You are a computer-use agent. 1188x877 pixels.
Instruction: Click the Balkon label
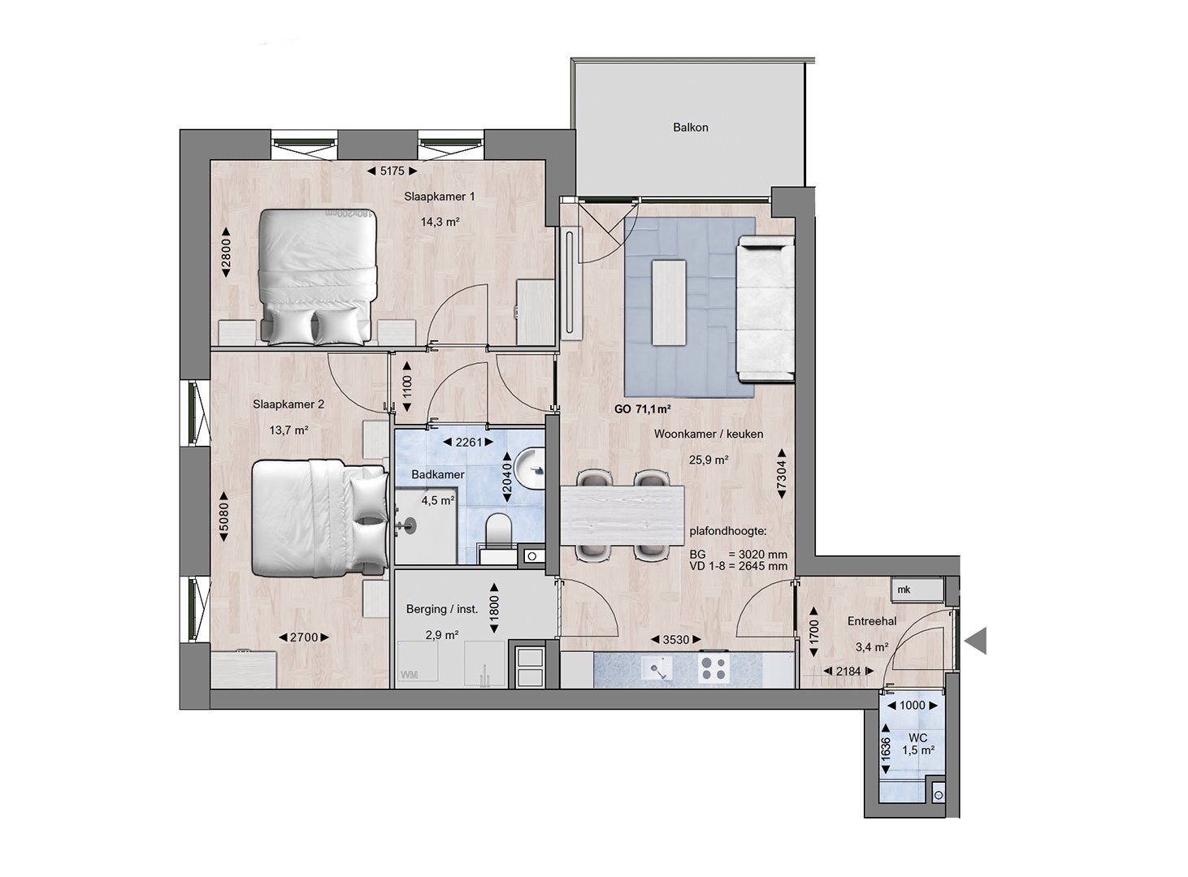pyautogui.click(x=691, y=127)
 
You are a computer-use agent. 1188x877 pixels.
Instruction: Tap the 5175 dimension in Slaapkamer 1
pyautogui.click(x=392, y=171)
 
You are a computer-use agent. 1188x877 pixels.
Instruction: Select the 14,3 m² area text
pyautogui.click(x=440, y=221)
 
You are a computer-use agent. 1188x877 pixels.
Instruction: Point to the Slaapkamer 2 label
pyautogui.click(x=288, y=404)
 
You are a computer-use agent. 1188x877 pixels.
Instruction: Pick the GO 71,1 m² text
pyautogui.click(x=643, y=409)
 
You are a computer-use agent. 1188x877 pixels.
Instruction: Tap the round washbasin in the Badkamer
pyautogui.click(x=530, y=469)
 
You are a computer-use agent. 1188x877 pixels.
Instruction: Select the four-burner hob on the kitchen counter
pyautogui.click(x=713, y=669)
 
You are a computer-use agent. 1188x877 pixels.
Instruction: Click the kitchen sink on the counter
pyautogui.click(x=657, y=670)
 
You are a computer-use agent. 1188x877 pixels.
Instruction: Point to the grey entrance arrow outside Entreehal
pyautogui.click(x=975, y=641)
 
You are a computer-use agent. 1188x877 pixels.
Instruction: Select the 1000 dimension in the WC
pyautogui.click(x=912, y=705)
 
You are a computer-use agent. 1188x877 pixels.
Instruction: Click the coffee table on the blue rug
pyautogui.click(x=669, y=303)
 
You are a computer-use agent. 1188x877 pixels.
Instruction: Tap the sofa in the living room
pyautogui.click(x=765, y=309)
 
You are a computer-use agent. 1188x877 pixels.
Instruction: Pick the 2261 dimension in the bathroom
pyautogui.click(x=469, y=443)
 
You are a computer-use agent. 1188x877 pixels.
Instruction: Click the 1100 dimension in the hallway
pyautogui.click(x=406, y=387)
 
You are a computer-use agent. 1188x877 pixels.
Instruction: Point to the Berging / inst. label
pyautogui.click(x=442, y=609)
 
